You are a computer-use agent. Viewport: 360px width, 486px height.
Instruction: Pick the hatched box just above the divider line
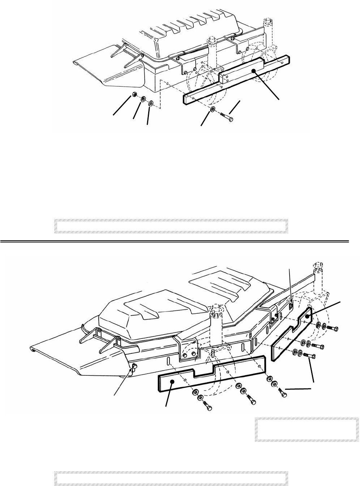pos(171,225)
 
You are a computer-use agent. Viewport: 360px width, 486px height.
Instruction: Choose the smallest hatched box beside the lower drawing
pos(307,430)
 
